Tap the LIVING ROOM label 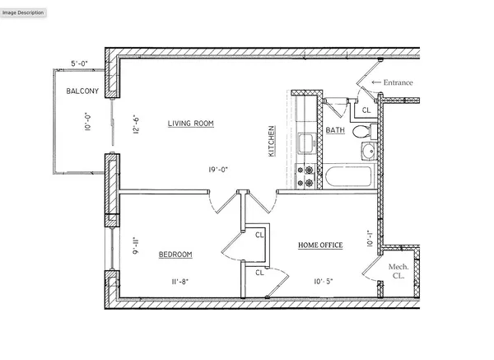[x=191, y=124]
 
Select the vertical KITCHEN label [x=271, y=142]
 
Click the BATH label [x=335, y=131]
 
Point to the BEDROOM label [x=175, y=255]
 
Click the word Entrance [x=396, y=82]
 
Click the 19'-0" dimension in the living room [x=218, y=171]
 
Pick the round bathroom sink [x=368, y=151]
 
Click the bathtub [x=348, y=175]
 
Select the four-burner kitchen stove [x=307, y=174]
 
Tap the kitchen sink [x=306, y=143]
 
